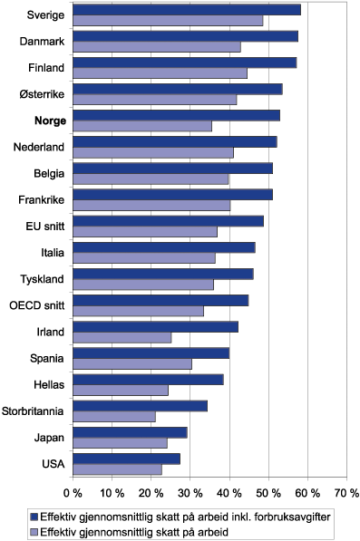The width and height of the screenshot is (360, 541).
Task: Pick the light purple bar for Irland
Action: [x=122, y=338]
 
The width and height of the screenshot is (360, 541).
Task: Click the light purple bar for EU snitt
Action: [x=144, y=232]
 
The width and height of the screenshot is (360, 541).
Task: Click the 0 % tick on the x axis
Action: [x=73, y=493]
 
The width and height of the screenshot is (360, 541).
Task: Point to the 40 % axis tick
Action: [x=229, y=493]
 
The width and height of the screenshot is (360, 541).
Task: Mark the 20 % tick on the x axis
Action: [x=151, y=493]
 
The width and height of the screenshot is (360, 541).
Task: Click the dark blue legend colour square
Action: [x=34, y=514]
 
